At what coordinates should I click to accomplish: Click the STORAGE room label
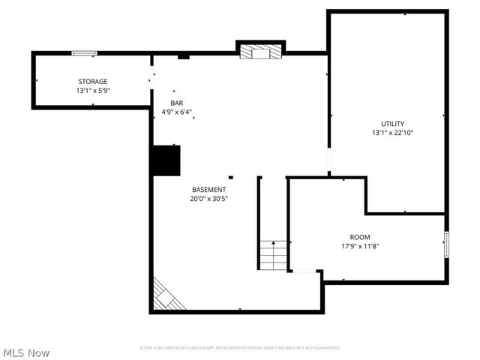[93, 81]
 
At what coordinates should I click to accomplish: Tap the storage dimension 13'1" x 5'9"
[93, 90]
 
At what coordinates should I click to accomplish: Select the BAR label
[177, 103]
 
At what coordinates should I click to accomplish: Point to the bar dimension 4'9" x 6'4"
[177, 112]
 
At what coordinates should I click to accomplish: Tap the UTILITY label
[392, 124]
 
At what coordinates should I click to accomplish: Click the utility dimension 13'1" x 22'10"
[392, 133]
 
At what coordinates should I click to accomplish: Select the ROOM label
[360, 237]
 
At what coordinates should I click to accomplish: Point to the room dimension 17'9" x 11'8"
[360, 246]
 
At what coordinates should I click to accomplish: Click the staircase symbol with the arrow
[274, 255]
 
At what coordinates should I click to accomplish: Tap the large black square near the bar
[166, 160]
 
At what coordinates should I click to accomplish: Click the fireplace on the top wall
[261, 52]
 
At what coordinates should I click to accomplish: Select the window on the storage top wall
[84, 52]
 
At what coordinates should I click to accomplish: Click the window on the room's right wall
[446, 244]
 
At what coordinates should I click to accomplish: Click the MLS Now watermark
[27, 352]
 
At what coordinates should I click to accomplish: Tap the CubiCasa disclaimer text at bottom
[240, 348]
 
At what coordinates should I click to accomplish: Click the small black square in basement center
[231, 178]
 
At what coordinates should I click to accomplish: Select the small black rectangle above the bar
[183, 56]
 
